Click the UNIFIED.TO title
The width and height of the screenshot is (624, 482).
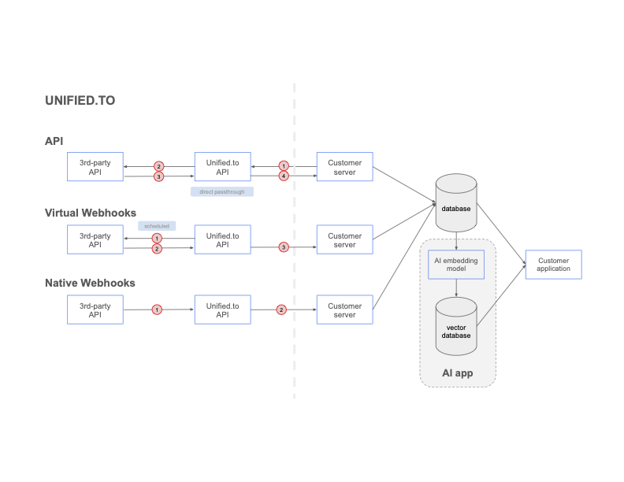pyautogui.click(x=80, y=101)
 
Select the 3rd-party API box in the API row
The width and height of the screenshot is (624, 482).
pyautogui.click(x=95, y=167)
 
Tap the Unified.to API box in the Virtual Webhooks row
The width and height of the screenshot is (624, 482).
pyautogui.click(x=222, y=240)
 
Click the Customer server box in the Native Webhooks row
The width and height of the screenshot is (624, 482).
pyautogui.click(x=344, y=310)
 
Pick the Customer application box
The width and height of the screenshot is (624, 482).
pyautogui.click(x=553, y=265)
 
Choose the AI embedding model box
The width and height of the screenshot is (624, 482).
pyautogui.click(x=456, y=265)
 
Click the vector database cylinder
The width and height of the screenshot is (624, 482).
pyautogui.click(x=456, y=321)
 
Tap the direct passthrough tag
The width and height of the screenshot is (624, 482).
pyautogui.click(x=222, y=191)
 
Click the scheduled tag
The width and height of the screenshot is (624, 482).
pyautogui.click(x=157, y=226)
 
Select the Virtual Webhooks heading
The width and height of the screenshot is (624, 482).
pyautogui.click(x=90, y=213)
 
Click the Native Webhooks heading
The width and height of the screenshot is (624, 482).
pyautogui.click(x=90, y=283)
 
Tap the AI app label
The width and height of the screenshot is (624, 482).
pyautogui.click(x=457, y=373)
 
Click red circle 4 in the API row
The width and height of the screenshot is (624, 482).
pyautogui.click(x=284, y=176)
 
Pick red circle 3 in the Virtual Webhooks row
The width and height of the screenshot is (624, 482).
pyautogui.click(x=284, y=247)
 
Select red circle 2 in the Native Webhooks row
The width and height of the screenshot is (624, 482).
pyautogui.click(x=281, y=310)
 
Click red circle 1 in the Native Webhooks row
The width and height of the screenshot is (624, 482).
pyautogui.click(x=157, y=310)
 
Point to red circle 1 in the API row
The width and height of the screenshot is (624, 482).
pyautogui.click(x=284, y=166)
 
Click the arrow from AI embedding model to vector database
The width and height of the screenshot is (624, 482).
pyautogui.click(x=456, y=288)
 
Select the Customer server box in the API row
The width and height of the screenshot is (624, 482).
pyautogui.click(x=344, y=167)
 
